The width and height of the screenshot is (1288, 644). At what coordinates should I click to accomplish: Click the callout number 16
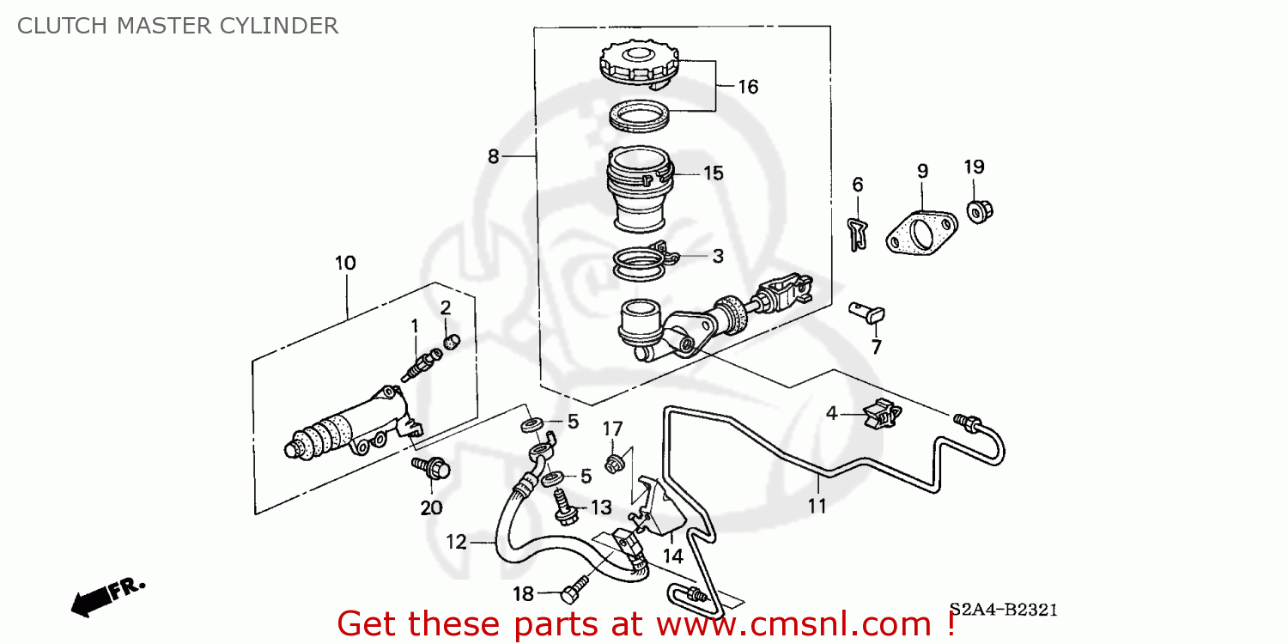point(748,87)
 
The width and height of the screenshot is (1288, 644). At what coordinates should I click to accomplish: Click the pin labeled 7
point(866,313)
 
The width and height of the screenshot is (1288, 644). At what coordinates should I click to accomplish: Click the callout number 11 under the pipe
point(817,507)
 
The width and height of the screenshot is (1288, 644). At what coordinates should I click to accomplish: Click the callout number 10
point(345,263)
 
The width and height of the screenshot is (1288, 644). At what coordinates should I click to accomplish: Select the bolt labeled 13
point(562,506)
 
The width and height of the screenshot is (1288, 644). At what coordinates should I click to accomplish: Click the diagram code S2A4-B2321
point(1003,611)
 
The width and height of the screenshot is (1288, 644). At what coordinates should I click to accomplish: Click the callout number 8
point(493,156)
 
